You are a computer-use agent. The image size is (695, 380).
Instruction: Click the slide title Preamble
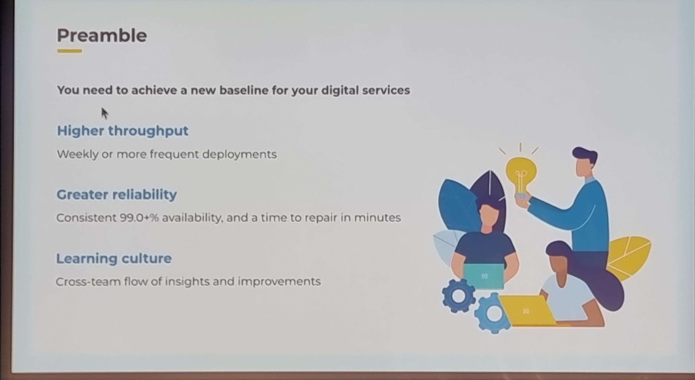pos(102,36)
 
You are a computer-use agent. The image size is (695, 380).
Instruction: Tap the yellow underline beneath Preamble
pos(70,51)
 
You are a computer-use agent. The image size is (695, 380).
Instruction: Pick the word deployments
pos(239,155)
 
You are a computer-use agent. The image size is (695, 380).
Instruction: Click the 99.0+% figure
pos(139,218)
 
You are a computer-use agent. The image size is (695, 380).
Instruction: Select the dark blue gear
pos(458,296)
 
